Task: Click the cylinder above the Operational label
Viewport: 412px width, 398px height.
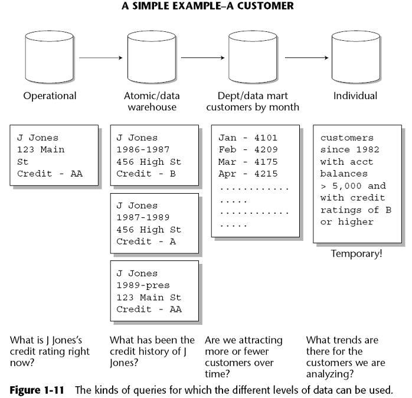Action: (x=50, y=57)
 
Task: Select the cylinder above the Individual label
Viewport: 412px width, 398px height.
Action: (x=356, y=57)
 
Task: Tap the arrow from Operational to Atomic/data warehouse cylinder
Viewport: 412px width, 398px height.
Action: (x=101, y=58)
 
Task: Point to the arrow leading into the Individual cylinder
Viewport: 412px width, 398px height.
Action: (x=306, y=58)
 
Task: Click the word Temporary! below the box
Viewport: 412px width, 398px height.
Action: (x=357, y=254)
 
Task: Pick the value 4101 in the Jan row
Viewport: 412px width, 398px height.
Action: (x=266, y=138)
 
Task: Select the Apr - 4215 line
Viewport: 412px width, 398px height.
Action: (x=248, y=174)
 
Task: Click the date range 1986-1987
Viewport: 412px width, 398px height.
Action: (x=143, y=149)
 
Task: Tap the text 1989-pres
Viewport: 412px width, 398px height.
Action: (x=143, y=285)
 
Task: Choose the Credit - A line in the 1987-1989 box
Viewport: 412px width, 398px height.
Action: (x=146, y=242)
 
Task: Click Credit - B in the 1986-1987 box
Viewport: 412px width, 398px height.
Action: (x=146, y=174)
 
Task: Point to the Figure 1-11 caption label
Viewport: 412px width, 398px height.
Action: (x=37, y=390)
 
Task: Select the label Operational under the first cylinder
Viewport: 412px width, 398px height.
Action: (x=50, y=96)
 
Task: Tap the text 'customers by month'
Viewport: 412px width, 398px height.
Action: (x=253, y=107)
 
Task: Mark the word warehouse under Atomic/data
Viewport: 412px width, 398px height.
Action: (x=152, y=107)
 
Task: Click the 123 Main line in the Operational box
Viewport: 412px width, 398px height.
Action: (x=41, y=149)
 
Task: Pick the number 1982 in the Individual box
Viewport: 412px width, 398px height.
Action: (x=368, y=149)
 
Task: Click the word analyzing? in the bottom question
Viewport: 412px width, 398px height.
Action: (x=330, y=374)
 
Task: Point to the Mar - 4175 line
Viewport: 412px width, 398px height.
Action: (x=248, y=162)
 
